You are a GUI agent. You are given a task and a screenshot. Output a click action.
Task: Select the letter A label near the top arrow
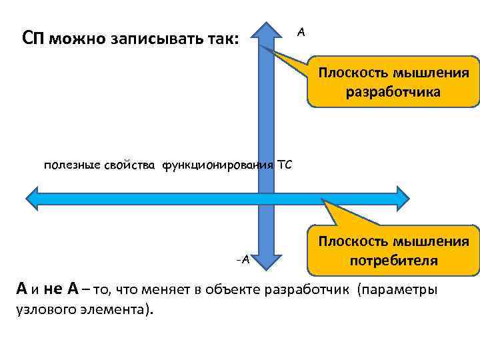301,32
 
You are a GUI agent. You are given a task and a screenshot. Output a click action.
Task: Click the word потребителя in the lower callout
393,260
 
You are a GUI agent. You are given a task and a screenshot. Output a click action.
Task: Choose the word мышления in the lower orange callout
435,241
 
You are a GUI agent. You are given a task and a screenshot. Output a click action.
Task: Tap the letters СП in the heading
33,37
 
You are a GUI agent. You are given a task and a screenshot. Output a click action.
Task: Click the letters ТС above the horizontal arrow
285,165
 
